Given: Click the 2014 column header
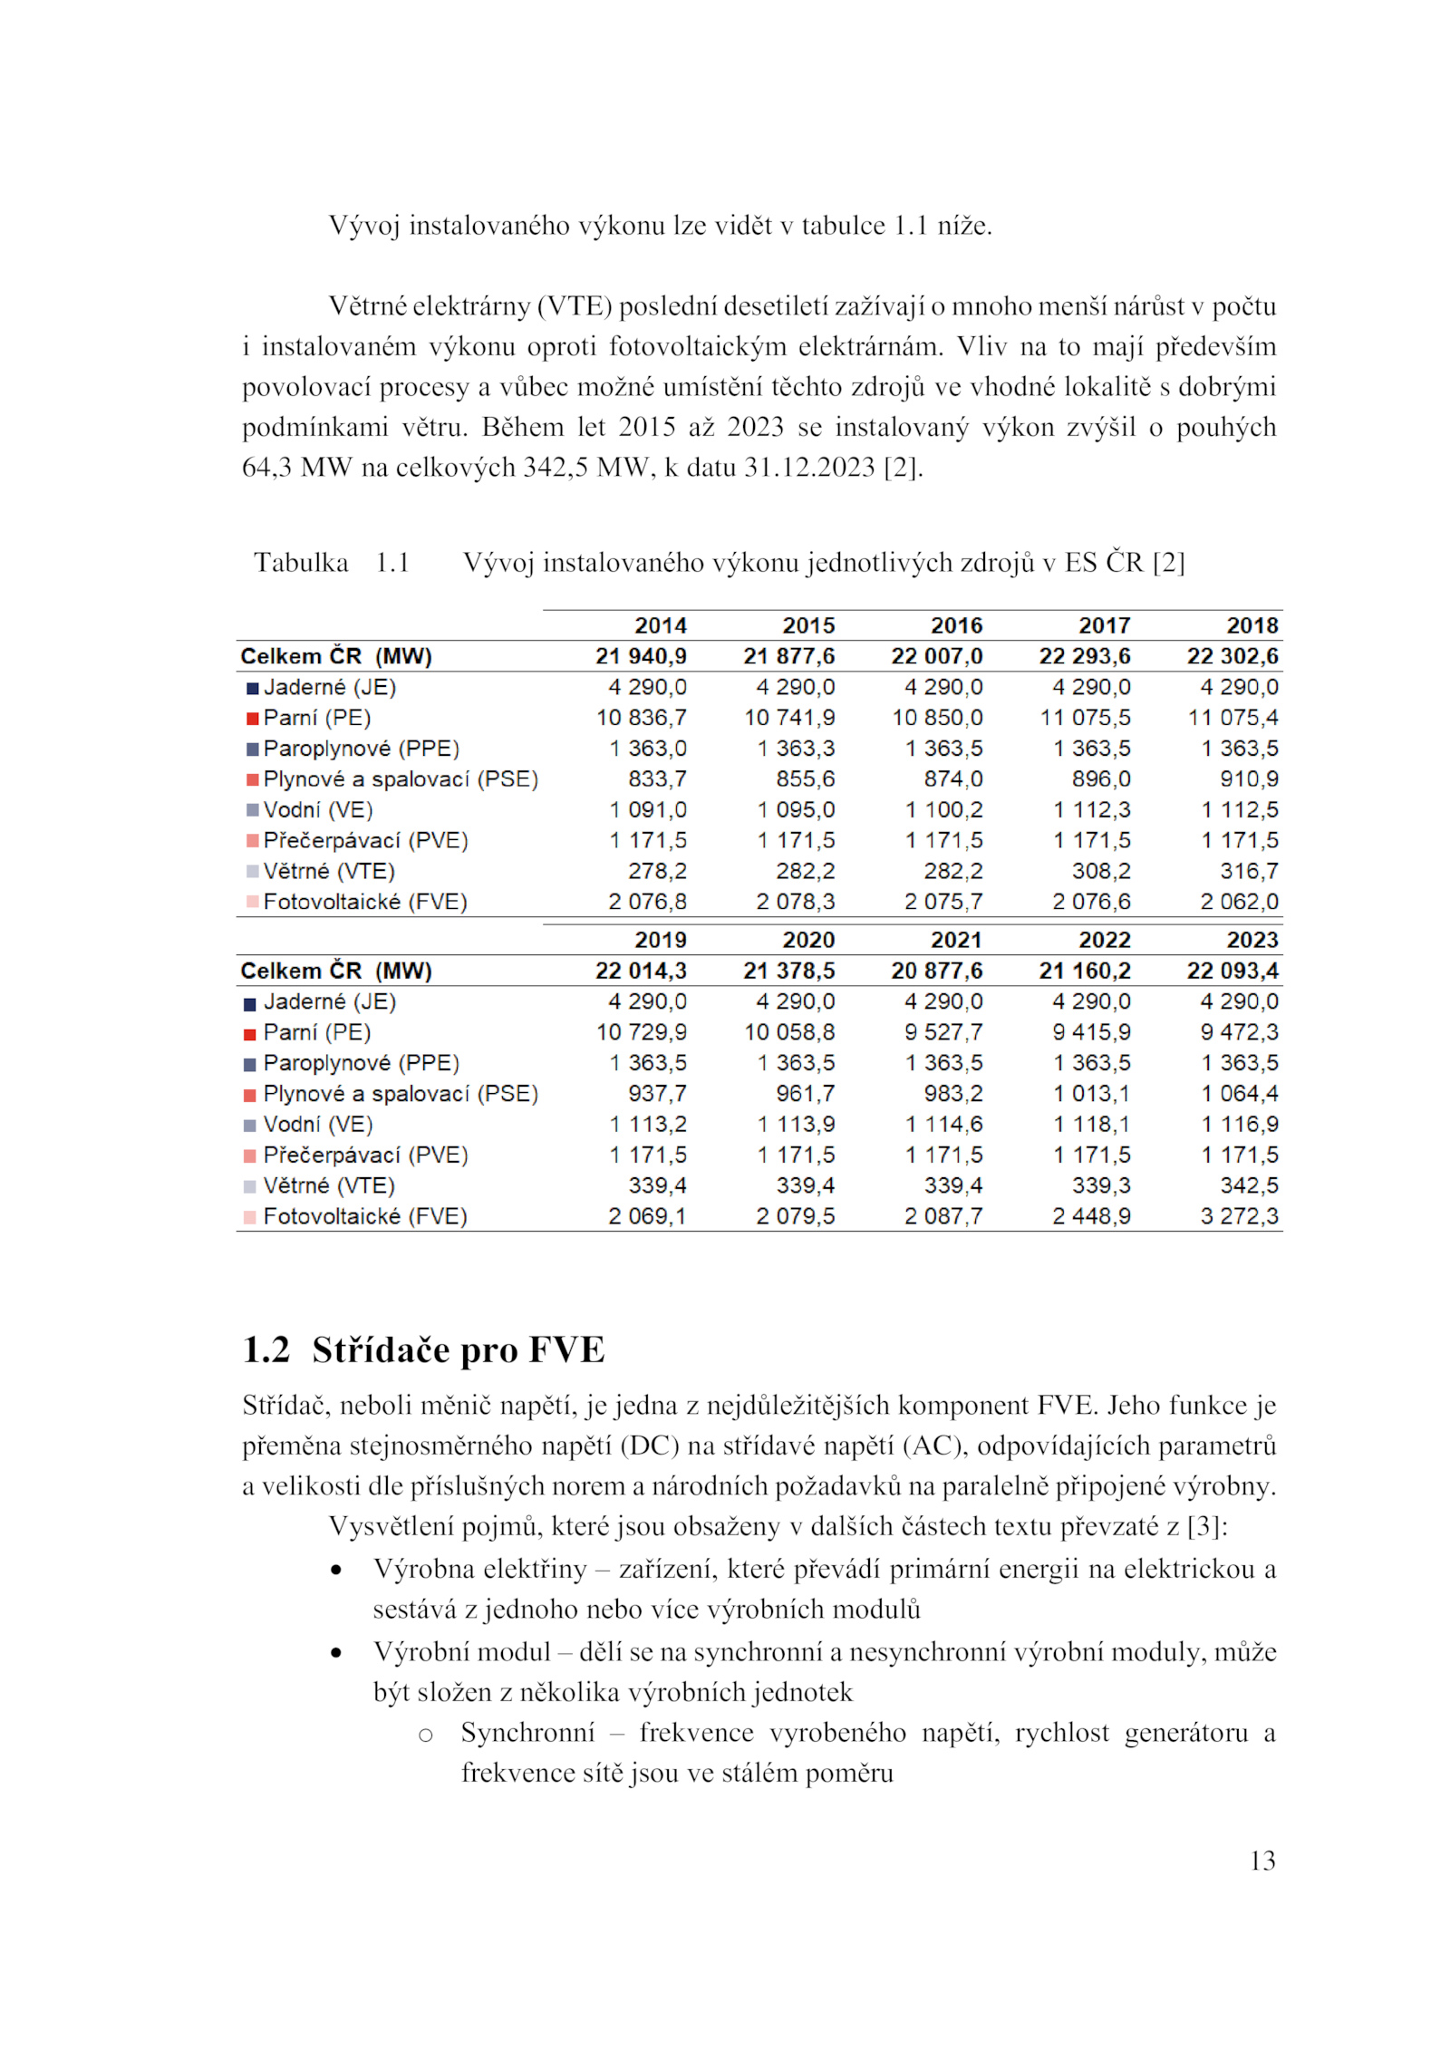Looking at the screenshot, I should point(660,625).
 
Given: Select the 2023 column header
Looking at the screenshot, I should point(1252,940).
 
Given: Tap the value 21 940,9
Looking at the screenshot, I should point(641,656).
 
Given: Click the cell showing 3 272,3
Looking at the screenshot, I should point(1239,1216).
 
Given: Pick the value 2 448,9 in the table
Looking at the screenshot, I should point(1091,1216).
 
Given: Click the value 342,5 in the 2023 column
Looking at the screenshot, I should point(1249,1185).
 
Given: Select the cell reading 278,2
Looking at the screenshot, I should point(657,871).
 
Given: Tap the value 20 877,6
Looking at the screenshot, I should point(936,971).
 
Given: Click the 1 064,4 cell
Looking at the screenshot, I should point(1239,1094).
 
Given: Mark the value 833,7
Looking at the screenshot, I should point(657,779).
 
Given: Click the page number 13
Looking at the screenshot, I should point(1261,1861).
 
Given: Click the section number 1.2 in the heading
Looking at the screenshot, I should point(266,1350).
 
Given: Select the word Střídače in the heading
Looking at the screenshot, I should point(382,1350).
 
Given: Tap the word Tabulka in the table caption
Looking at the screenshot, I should point(301,563).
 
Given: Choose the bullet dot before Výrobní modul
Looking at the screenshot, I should point(337,1653).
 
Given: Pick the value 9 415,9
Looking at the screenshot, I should point(1091,1032).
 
